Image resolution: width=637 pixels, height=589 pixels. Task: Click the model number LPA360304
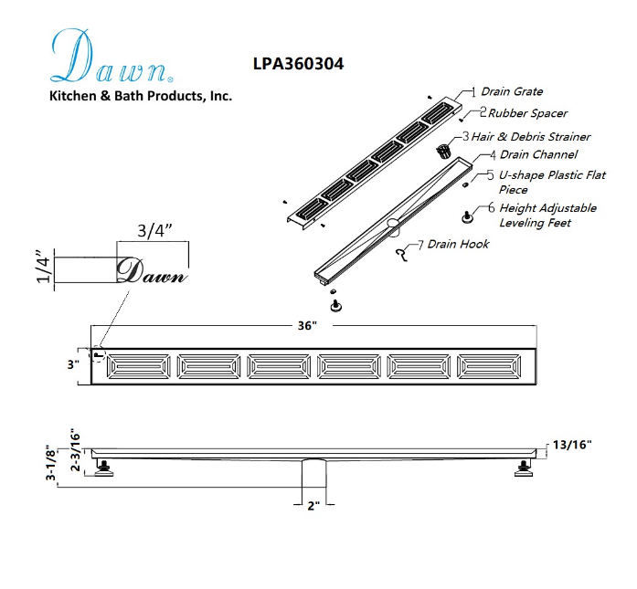coord(298,64)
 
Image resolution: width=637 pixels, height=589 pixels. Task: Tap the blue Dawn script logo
coord(111,56)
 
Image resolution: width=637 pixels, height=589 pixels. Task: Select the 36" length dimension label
coord(307,326)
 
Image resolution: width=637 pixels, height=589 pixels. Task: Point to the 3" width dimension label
coord(73,364)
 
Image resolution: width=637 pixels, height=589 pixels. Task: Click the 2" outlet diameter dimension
coord(313,506)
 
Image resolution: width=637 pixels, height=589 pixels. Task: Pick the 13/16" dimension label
coord(572,445)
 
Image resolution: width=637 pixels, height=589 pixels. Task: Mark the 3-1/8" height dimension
coord(51,462)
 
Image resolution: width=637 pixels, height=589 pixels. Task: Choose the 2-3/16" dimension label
coord(76,450)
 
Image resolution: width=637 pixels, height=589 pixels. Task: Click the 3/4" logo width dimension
coord(154,230)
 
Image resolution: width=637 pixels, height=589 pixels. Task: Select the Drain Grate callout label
coord(512,91)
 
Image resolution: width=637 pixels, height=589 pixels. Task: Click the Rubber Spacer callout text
coord(527,113)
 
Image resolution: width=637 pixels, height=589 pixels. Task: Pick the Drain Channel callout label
coord(538,154)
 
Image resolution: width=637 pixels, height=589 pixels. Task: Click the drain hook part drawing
coord(402,255)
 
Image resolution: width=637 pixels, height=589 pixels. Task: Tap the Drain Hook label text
coord(458,245)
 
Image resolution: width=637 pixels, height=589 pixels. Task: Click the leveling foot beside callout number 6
coord(468,216)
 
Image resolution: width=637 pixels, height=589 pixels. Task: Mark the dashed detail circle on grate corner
coord(98,354)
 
